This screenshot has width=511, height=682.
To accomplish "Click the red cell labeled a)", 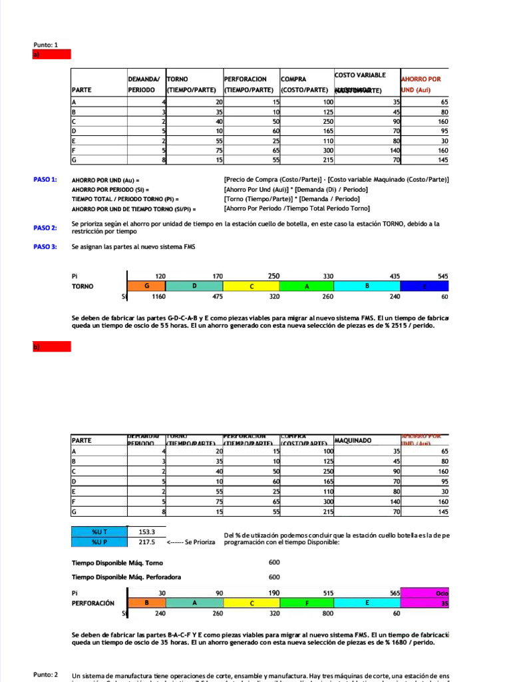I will click(x=52, y=55).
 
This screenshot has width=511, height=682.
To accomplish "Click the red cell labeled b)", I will click(x=52, y=347).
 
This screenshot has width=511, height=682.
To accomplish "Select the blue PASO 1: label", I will click(x=45, y=180).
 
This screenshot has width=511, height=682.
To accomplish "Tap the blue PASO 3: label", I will click(x=45, y=247).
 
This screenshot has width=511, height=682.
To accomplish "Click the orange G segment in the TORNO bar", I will click(x=146, y=286).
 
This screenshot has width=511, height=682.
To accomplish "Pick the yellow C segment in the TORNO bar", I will click(x=252, y=286).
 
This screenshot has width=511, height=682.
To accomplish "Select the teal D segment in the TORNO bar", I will click(x=194, y=286).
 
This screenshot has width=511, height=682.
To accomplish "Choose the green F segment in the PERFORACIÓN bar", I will click(x=309, y=603).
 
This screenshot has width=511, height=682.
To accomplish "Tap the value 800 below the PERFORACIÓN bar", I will click(x=309, y=613).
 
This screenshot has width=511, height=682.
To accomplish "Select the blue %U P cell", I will click(x=99, y=542).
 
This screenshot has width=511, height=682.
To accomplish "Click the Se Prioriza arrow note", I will click(x=190, y=542).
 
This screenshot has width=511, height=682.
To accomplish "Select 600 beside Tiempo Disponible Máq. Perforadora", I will click(x=274, y=577).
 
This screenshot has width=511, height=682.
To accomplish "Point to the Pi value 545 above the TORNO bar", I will click(x=442, y=275).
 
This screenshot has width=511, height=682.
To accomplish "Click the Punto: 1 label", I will click(x=46, y=45).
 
